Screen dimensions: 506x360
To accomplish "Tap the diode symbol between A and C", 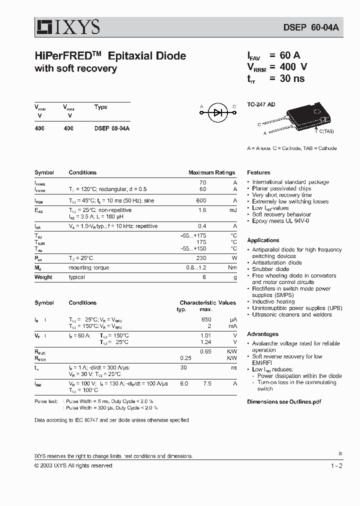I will [218, 113].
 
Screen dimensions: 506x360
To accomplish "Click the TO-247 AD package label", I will [261, 105].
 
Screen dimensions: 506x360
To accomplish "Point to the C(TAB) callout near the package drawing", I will [325, 131].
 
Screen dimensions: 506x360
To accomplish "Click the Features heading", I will [258, 172].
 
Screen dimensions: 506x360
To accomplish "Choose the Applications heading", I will [263, 240].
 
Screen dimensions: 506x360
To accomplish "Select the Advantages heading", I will [262, 334].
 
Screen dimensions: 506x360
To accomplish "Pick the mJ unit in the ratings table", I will [233, 210].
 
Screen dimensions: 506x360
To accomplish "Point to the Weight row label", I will [43, 277].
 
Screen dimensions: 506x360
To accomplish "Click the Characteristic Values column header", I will [207, 302].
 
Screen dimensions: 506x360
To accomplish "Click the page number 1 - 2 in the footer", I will [336, 465].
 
